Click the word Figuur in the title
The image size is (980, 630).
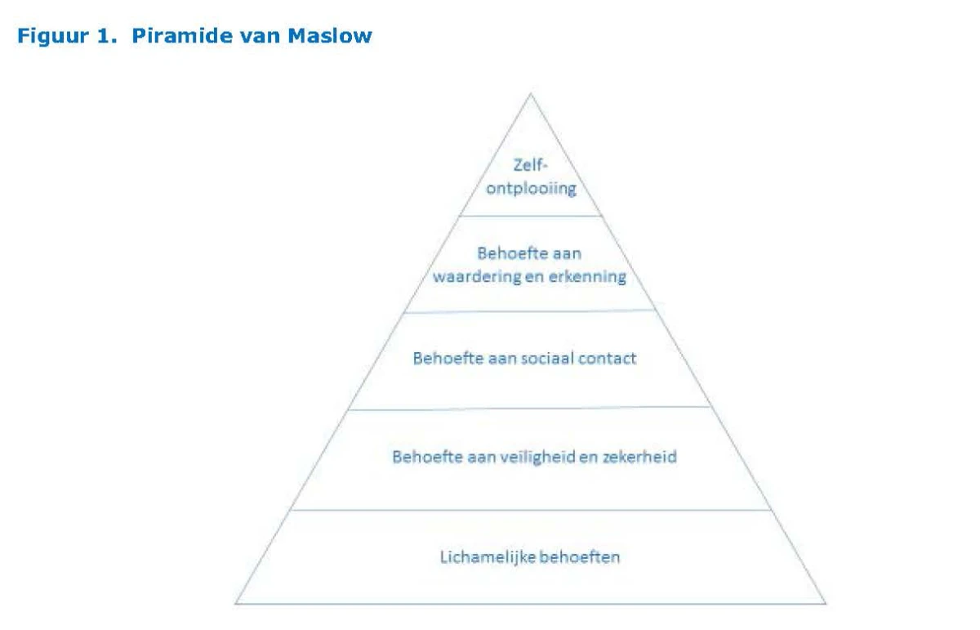point(53,36)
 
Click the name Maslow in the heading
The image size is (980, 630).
point(330,35)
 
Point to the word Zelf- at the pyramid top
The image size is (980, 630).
point(530,165)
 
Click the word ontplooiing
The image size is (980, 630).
point(531,189)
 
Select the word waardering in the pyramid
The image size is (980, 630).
point(477,277)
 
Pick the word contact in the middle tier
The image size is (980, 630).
point(608,359)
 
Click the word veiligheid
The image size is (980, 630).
point(537,457)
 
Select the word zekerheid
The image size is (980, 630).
point(639,457)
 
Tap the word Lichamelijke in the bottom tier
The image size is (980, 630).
point(487,558)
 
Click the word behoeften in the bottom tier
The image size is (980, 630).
point(580,557)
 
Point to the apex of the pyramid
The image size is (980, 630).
point(531,94)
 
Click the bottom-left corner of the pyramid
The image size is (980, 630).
point(236,604)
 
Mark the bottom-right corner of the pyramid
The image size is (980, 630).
point(826,604)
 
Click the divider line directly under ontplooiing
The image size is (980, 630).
point(531,216)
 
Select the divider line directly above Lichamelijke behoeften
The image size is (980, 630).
point(531,510)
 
